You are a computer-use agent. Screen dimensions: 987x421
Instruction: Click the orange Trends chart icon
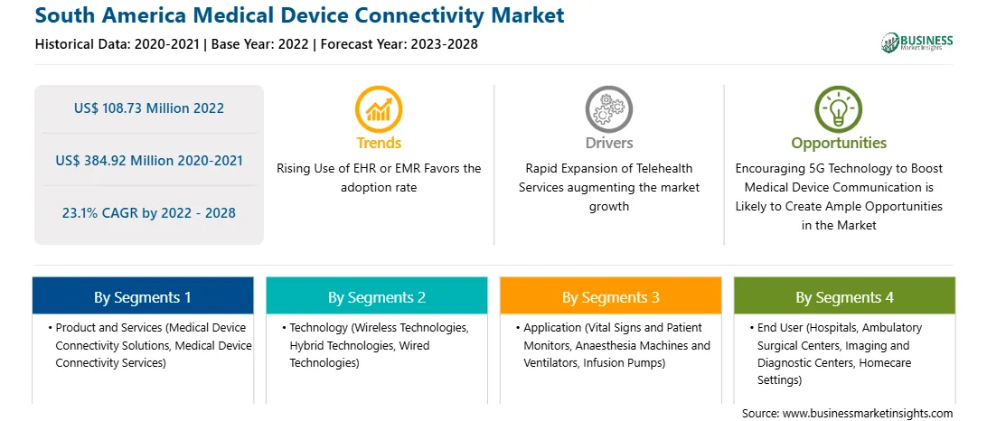pyautogui.click(x=379, y=108)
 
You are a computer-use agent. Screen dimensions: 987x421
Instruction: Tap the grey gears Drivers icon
pyautogui.click(x=608, y=108)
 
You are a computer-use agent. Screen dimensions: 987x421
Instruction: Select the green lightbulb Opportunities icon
pyautogui.click(x=839, y=108)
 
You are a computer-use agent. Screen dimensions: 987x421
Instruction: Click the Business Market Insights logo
pyautogui.click(x=917, y=42)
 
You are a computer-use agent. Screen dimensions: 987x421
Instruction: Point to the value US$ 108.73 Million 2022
pyautogui.click(x=148, y=108)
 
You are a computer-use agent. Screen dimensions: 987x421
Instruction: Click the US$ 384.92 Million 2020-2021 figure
pyautogui.click(x=148, y=161)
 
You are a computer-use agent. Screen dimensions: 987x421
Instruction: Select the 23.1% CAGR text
pyautogui.click(x=148, y=212)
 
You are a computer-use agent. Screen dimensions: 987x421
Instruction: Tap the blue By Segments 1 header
pyautogui.click(x=143, y=297)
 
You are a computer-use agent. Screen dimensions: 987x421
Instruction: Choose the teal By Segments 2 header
pyautogui.click(x=376, y=297)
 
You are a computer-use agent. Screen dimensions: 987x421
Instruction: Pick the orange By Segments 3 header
pyautogui.click(x=611, y=297)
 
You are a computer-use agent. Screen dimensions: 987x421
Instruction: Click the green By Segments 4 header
pyautogui.click(x=845, y=297)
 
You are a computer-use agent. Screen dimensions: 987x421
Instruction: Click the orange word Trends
pyautogui.click(x=379, y=143)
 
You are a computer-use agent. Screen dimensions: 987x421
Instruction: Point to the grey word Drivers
pyautogui.click(x=608, y=143)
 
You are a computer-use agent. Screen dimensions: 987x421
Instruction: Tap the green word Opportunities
pyautogui.click(x=839, y=143)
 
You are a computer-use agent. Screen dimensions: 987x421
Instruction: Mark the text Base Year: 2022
pyautogui.click(x=260, y=44)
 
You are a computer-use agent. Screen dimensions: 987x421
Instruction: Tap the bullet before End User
pyautogui.click(x=752, y=329)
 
